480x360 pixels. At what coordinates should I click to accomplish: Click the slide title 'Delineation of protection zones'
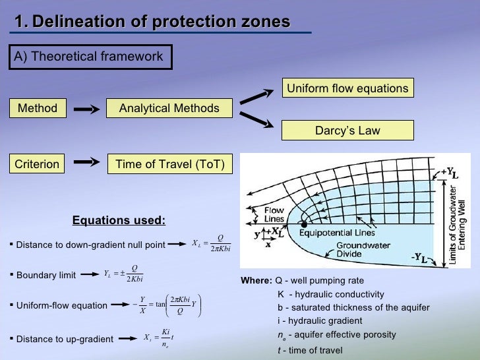152,22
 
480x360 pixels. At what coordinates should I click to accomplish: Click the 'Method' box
38,108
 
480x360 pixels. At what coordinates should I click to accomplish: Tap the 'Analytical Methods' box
169,108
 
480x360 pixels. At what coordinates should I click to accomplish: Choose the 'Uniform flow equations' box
347,88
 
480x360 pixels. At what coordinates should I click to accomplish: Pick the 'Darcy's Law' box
347,130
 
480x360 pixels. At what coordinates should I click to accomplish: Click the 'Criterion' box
38,164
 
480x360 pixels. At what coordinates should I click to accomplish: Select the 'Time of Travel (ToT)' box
170,164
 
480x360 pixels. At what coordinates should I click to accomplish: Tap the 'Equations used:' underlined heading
119,220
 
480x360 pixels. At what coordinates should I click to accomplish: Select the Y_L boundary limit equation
124,274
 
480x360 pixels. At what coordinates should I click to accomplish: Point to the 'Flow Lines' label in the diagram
274,214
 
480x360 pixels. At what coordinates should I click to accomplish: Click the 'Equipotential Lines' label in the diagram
337,233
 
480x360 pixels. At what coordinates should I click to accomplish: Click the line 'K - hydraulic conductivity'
330,294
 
